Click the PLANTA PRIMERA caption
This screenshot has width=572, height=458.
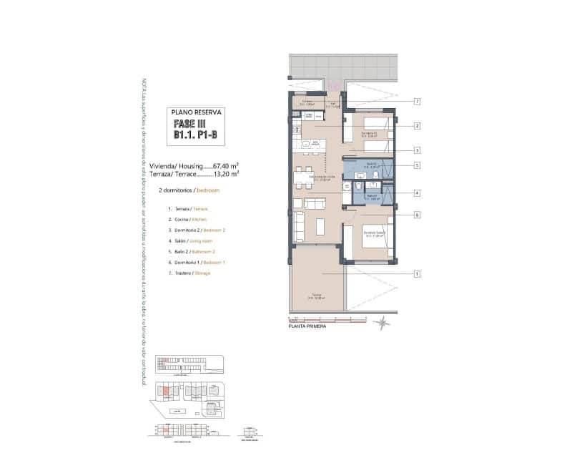click(x=307, y=326)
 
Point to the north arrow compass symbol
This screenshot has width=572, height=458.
click(x=384, y=323)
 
